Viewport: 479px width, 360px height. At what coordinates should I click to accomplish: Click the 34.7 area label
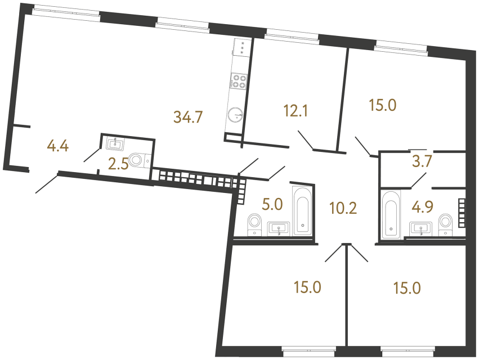[188, 118]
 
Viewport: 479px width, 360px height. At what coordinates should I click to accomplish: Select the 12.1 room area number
[296, 111]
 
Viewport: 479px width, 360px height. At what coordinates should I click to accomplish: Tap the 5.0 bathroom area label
[272, 203]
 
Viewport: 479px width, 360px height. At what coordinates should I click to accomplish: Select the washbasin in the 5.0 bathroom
[279, 228]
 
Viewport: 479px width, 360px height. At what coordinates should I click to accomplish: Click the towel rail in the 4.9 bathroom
[463, 213]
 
